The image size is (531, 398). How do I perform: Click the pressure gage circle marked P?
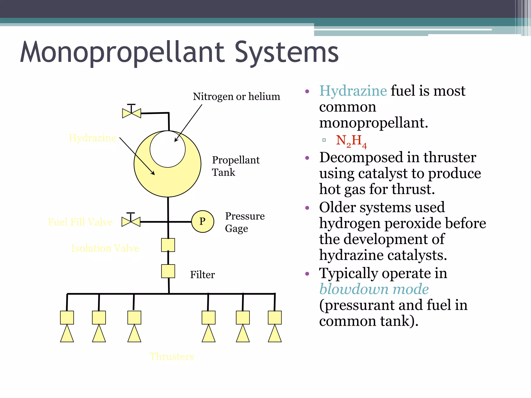click(202, 222)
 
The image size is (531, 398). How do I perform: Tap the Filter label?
click(202, 275)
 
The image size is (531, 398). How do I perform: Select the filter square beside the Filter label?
click(168, 271)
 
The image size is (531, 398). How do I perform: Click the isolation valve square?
click(168, 245)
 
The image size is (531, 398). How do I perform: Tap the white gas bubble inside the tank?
click(167, 149)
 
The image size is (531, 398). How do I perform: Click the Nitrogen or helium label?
click(236, 97)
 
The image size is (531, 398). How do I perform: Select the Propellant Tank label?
click(235, 166)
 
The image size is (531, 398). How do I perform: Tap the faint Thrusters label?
click(171, 357)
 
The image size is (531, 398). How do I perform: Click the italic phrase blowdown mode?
click(374, 289)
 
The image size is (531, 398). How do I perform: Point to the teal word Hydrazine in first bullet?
click(353, 91)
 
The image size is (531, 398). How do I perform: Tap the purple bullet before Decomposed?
click(307, 158)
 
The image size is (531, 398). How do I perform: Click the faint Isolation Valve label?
click(105, 248)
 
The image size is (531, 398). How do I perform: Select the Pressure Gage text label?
click(244, 222)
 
